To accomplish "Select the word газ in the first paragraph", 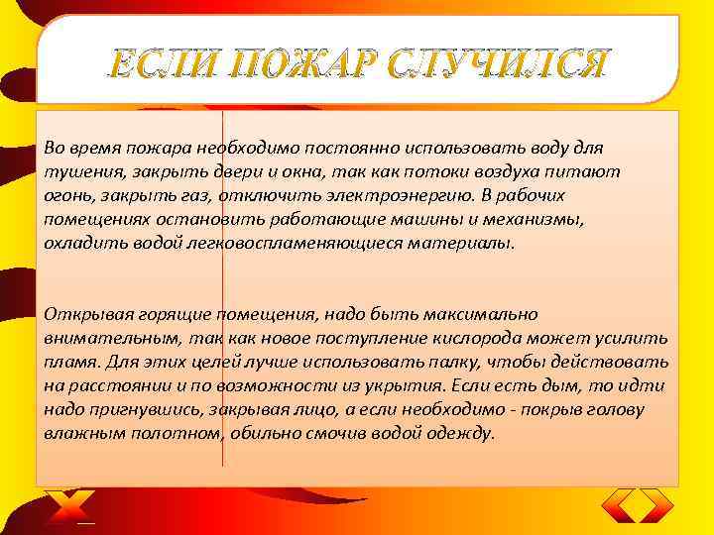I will pyautogui.click(x=178, y=195).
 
